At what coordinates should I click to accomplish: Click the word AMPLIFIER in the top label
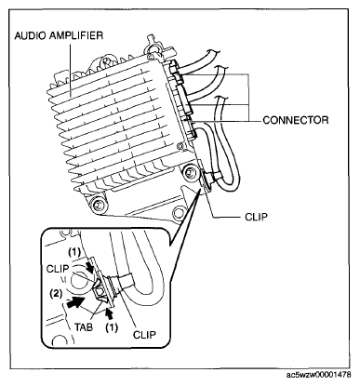click(x=73, y=35)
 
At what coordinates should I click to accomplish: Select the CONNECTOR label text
click(x=296, y=120)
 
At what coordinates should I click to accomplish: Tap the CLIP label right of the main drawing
click(x=256, y=217)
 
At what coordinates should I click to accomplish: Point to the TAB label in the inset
click(x=84, y=326)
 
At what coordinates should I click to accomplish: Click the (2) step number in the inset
click(x=57, y=293)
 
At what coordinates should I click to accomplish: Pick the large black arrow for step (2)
click(x=74, y=302)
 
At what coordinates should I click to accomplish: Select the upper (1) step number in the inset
click(x=74, y=252)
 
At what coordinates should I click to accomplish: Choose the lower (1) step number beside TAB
click(x=112, y=327)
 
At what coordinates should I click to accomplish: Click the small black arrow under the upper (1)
click(x=90, y=267)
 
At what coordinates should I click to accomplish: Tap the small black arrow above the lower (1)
click(x=109, y=313)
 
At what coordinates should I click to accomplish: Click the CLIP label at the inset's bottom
click(x=144, y=335)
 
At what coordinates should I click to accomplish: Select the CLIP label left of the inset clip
click(x=58, y=269)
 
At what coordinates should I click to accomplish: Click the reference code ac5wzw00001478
click(x=319, y=375)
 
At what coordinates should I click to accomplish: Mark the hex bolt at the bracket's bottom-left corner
click(x=99, y=205)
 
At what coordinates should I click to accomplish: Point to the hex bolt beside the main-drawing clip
click(x=190, y=172)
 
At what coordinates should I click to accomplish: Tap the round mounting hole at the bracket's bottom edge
click(x=178, y=213)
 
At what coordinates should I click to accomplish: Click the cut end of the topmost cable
click(x=215, y=52)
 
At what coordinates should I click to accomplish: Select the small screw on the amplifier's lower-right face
click(x=180, y=146)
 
